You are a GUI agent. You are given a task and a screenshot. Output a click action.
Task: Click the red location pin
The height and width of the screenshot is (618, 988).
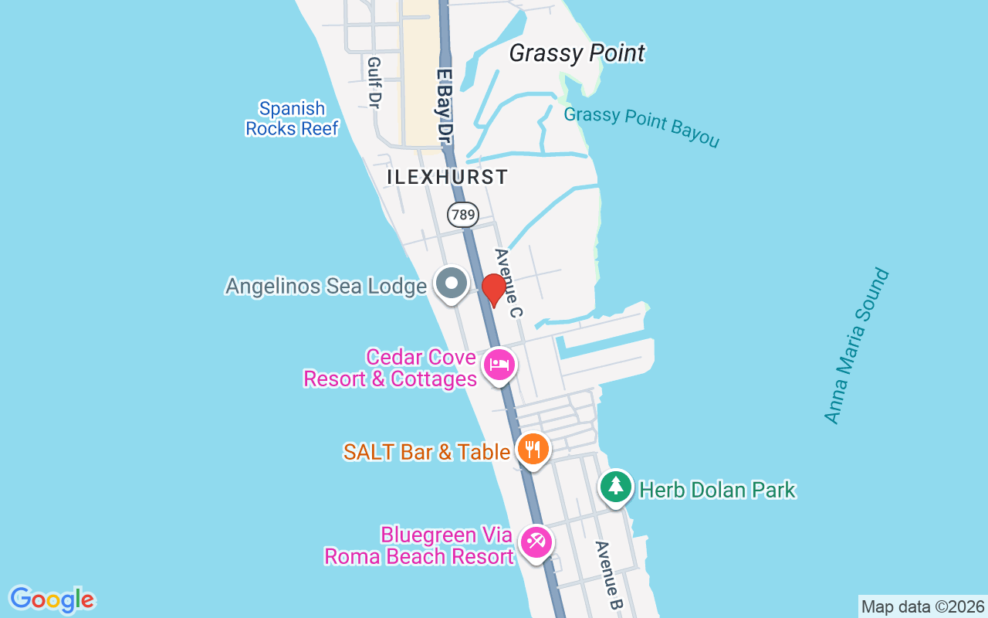[493, 289]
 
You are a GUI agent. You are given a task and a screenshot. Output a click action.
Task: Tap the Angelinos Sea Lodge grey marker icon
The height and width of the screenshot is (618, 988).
[452, 283]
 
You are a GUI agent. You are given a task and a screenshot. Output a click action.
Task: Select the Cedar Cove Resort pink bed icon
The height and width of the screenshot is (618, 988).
[499, 365]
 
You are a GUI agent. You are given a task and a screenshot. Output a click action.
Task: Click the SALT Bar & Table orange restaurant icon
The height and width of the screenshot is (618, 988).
[532, 448]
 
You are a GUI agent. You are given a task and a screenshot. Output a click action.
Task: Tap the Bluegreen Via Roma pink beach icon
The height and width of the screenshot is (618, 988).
[535, 542]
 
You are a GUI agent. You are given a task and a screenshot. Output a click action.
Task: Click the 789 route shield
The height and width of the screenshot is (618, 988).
[463, 215]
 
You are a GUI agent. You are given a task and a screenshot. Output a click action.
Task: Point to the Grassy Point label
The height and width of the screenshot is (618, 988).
[577, 53]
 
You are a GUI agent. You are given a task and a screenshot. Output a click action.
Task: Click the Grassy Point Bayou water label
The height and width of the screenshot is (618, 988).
[641, 127]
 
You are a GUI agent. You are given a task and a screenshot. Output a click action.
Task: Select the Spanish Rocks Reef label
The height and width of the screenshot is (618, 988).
[292, 119]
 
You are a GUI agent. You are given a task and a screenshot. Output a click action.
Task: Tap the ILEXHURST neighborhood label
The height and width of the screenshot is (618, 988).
[448, 177]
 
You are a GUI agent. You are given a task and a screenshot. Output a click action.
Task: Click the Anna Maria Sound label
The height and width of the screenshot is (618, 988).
[856, 346]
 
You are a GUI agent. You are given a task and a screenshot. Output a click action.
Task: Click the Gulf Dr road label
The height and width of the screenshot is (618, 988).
[375, 82]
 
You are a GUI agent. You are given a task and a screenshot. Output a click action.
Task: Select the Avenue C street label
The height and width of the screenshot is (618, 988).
[509, 283]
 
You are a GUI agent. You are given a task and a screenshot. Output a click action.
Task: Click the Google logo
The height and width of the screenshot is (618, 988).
[52, 599]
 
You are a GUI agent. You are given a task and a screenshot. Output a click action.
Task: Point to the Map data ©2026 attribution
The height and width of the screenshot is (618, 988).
[922, 606]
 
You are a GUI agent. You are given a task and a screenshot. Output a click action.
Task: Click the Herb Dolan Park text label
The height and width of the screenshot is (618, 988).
[718, 490]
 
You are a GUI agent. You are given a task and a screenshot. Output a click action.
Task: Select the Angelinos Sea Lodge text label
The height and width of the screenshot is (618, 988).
[326, 287]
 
